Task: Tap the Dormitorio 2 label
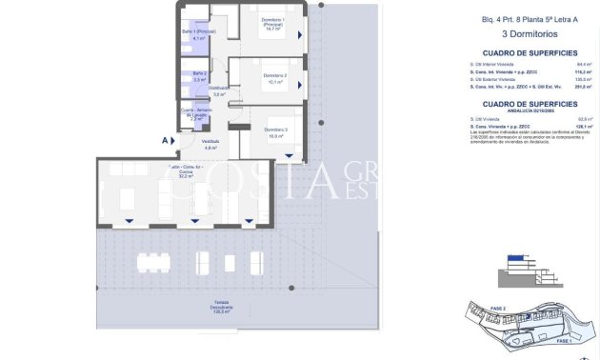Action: pos(275,78)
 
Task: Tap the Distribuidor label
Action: pos(219,90)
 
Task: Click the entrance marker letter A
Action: pos(165,140)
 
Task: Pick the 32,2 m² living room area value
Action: pos(187,176)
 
